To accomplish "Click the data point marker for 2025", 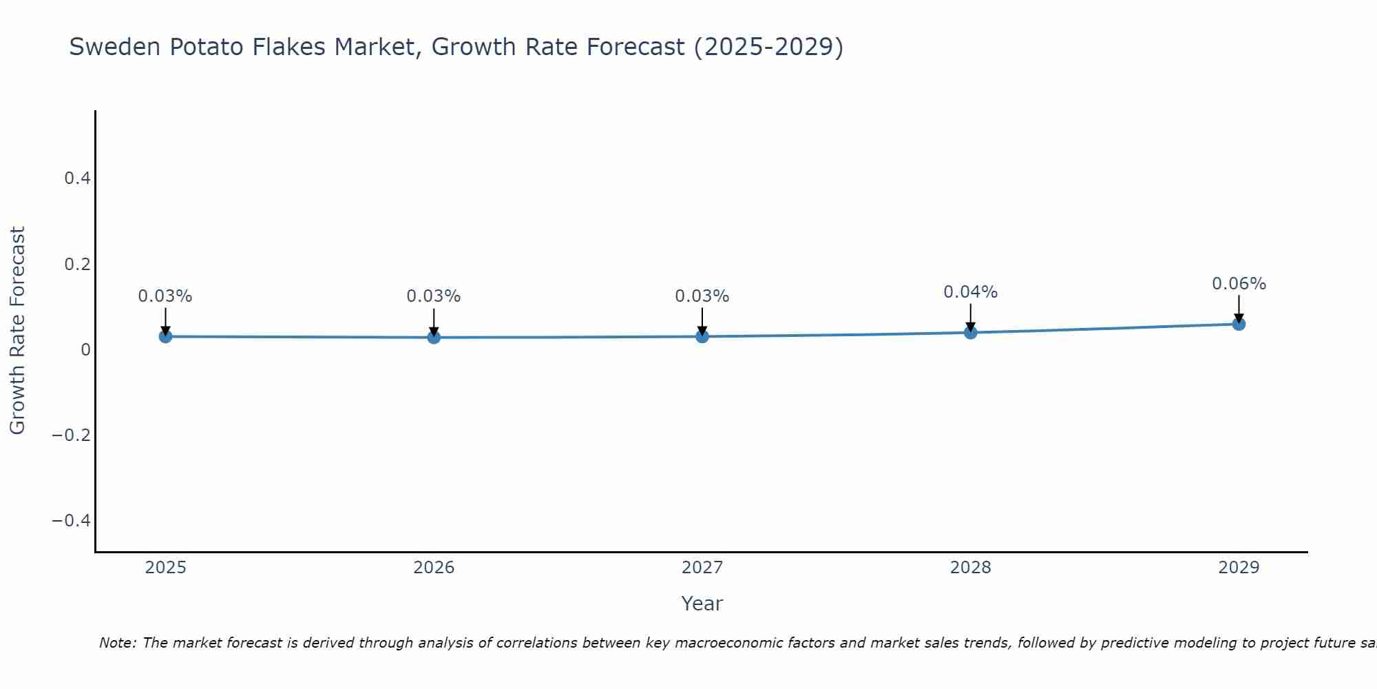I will (165, 336).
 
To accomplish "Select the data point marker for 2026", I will (434, 337).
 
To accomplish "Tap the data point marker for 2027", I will (702, 336).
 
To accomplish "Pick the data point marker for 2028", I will (971, 332).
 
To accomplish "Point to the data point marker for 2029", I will (1239, 323).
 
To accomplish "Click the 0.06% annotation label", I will (1239, 284).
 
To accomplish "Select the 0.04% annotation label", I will (970, 292).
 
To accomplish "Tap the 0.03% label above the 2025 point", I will (165, 296).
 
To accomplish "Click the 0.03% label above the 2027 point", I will (702, 296).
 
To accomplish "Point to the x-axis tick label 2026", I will (434, 568).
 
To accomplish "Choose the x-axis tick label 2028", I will (970, 568).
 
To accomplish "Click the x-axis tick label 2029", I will (1239, 568).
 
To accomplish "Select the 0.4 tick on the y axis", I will (77, 178).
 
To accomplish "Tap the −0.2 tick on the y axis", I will (72, 435).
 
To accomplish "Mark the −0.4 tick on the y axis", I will (72, 520).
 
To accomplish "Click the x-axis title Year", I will (702, 604).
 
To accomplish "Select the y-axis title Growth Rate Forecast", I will (17, 331).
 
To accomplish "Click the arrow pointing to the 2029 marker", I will (1239, 308).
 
